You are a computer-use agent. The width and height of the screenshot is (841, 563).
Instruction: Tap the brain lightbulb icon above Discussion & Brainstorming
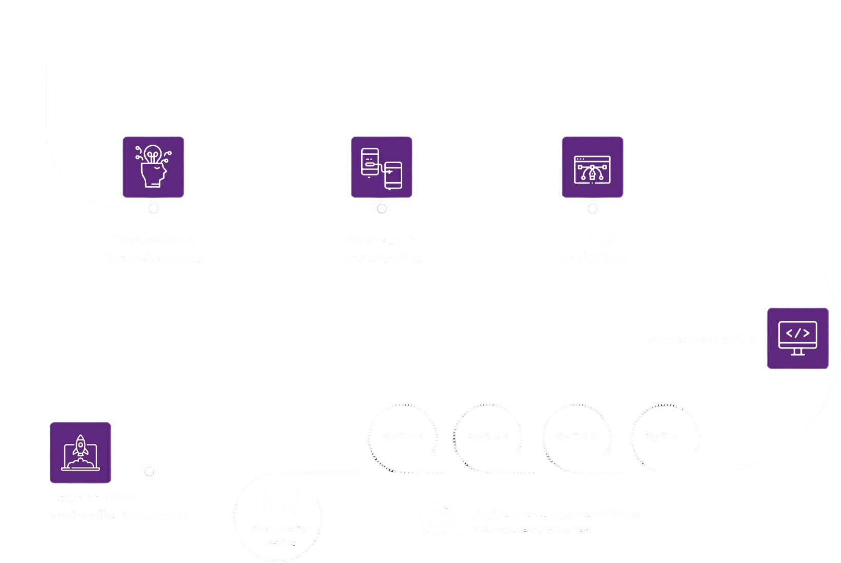coord(153,167)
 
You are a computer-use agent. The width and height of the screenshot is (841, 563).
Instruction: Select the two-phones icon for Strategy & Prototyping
coord(381,167)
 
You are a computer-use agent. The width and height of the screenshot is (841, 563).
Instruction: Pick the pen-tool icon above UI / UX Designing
coord(592,167)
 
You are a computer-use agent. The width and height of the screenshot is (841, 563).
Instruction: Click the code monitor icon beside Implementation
coord(797,338)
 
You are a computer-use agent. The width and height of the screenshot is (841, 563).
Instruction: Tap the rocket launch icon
coord(80,453)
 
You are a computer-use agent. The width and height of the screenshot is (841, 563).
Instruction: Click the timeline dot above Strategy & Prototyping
coord(381,209)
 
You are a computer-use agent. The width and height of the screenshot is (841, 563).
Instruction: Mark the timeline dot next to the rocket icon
coord(149,472)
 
